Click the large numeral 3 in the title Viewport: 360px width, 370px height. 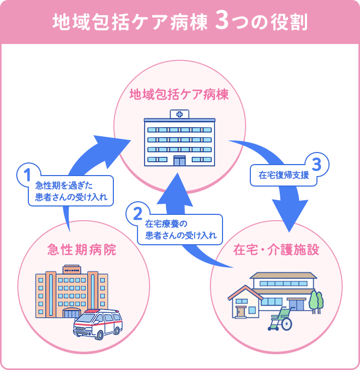tap(221, 21)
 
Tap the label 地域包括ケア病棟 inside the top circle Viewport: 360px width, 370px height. tap(179, 95)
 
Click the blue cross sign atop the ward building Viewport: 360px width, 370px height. tap(179, 114)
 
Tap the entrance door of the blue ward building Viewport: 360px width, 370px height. tap(179, 160)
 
